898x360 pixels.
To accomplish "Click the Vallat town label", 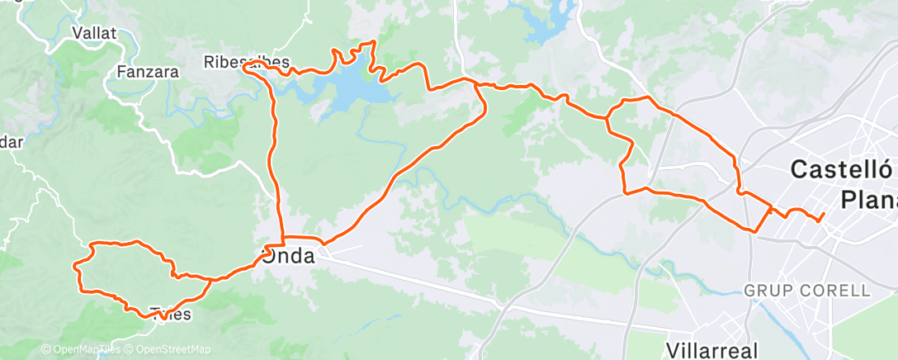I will [x=94, y=34].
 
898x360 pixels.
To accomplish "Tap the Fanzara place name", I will [x=148, y=72].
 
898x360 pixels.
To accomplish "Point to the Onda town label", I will [x=289, y=257].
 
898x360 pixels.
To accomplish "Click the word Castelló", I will [x=842, y=171].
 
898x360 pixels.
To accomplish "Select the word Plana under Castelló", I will [x=867, y=199].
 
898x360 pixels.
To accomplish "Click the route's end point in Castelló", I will [x=823, y=216].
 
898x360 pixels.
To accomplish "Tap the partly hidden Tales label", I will [x=171, y=314].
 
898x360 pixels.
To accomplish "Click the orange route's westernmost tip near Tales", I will [x=76, y=265].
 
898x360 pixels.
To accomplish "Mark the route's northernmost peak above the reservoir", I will [x=373, y=41].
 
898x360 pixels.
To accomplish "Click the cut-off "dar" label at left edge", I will [x=11, y=141].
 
